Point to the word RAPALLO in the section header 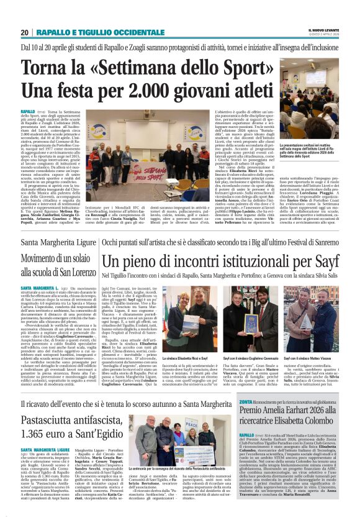[x=54, y=32]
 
